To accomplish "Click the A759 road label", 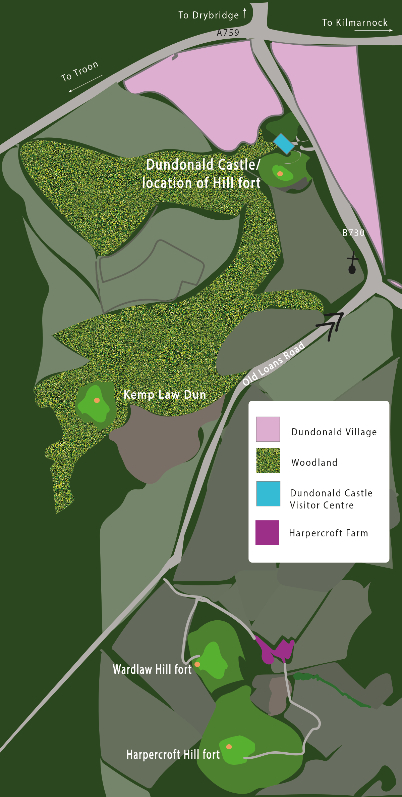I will [x=228, y=33].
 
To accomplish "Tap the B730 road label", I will [x=353, y=233].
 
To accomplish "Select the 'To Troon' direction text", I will [x=80, y=71].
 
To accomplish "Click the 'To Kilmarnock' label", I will [x=355, y=23].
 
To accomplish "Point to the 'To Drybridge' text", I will [x=209, y=15].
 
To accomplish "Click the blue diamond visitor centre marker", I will [x=284, y=143].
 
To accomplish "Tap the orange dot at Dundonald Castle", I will [x=280, y=174].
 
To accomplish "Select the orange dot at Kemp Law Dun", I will [x=97, y=400].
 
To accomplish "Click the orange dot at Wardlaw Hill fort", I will [x=197, y=664].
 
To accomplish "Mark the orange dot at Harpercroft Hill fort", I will [x=229, y=747].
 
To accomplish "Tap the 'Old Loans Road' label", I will [x=274, y=363].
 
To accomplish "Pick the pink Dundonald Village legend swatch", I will [x=268, y=429].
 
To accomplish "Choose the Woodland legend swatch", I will [x=268, y=460].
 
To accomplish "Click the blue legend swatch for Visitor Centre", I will [x=268, y=493].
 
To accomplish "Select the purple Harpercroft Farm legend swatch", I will [x=267, y=532].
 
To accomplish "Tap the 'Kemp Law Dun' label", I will [x=165, y=395].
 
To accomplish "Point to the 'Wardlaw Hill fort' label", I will [x=152, y=669].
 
